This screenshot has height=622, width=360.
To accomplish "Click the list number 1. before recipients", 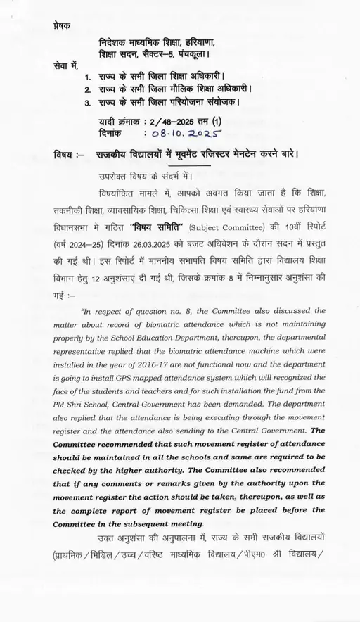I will (x=88, y=76).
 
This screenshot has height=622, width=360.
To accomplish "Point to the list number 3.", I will (x=88, y=103).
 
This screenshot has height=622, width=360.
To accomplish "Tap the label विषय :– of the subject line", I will (x=69, y=153).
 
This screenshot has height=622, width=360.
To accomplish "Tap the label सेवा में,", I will (x=65, y=65).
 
